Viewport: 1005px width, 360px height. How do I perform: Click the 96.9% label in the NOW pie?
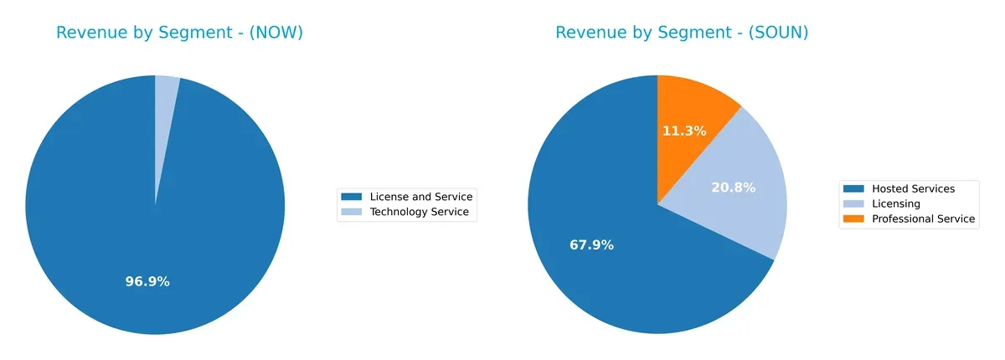click(147, 281)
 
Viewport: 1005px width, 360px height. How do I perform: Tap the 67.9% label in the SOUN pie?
click(591, 245)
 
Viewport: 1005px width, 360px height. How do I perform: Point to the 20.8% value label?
click(733, 188)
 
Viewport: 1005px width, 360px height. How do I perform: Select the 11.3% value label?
click(684, 131)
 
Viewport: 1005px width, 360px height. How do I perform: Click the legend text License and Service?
click(420, 197)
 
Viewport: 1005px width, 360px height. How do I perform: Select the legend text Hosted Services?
click(913, 188)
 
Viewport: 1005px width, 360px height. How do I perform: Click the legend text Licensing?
click(896, 203)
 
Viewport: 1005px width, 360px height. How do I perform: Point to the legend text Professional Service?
click(923, 219)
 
